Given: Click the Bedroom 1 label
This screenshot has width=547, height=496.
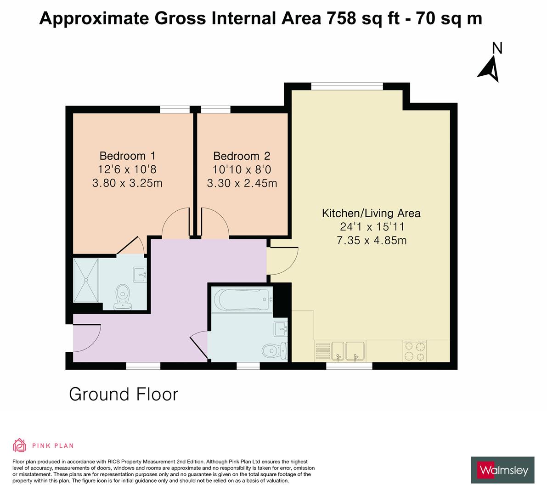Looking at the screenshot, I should [127, 155].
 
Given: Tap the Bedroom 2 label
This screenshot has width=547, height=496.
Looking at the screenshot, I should [242, 156].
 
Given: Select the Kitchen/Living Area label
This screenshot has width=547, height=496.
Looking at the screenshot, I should [371, 213].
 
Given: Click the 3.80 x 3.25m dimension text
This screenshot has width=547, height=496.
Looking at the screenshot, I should [127, 183].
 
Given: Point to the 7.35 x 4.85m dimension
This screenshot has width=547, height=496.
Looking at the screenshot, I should [371, 240].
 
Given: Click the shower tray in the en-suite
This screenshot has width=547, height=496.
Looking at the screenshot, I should [86, 280].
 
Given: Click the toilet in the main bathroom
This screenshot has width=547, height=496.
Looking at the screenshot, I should [274, 350].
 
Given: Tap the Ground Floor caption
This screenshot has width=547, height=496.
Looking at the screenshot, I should [123, 394].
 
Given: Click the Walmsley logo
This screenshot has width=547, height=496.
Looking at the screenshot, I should [503, 470].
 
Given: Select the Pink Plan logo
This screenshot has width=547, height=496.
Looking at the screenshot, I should [43, 445].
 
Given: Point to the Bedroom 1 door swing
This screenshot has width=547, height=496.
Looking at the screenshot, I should [175, 224].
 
